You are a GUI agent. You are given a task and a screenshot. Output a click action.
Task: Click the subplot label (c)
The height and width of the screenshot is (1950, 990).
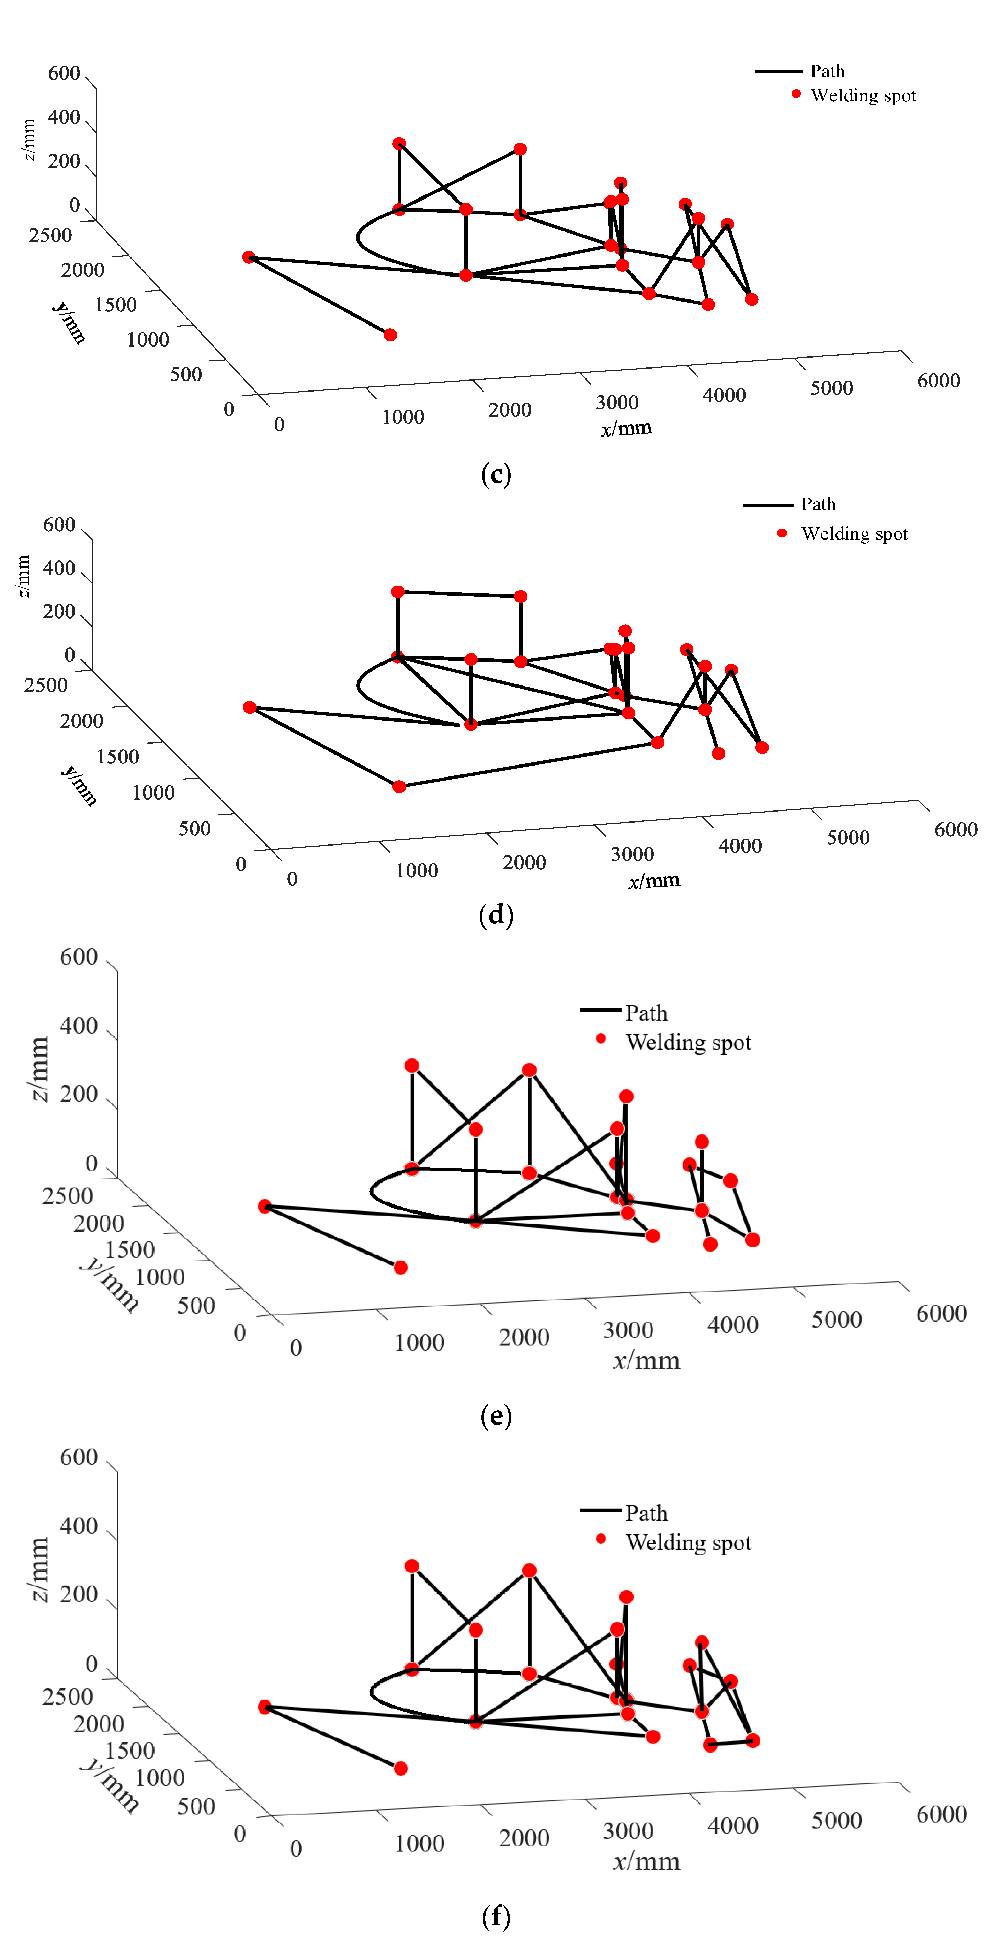[x=496, y=475]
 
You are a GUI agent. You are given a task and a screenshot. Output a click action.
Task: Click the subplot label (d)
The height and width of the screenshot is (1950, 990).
[x=496, y=915]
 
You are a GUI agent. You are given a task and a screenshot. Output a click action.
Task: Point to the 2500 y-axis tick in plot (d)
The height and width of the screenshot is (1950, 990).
[x=46, y=685]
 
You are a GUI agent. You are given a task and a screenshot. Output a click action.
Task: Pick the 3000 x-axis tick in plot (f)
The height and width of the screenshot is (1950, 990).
[x=627, y=1831]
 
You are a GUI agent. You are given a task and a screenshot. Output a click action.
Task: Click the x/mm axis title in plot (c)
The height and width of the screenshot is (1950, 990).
[x=626, y=429]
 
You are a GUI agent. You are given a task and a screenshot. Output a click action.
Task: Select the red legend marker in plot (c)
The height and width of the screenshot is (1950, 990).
[x=796, y=94]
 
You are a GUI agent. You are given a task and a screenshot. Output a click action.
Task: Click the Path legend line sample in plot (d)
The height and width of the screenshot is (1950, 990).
[x=767, y=505]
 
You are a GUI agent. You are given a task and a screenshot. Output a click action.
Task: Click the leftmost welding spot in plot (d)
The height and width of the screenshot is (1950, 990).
[x=250, y=707]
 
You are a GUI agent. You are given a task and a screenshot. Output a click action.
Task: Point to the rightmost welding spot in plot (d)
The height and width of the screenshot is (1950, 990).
[x=762, y=748]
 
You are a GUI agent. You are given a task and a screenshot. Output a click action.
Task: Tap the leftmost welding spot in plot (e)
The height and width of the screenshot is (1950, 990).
[x=264, y=1206]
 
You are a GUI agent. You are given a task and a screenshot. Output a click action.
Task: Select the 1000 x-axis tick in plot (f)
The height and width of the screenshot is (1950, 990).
[x=419, y=1843]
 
